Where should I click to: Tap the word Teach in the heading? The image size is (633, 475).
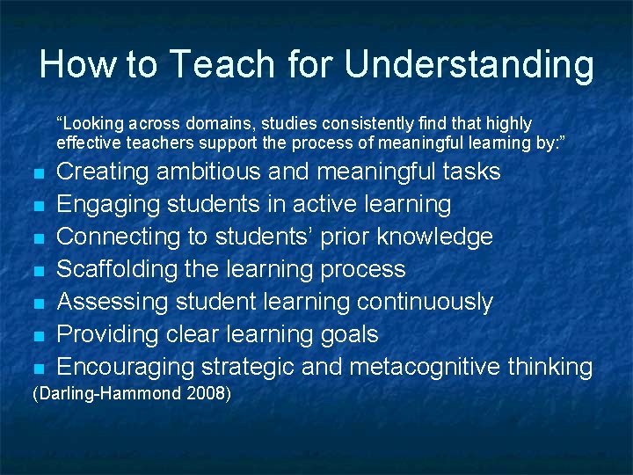pyautogui.click(x=211, y=64)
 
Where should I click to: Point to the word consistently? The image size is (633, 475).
pyautogui.click(x=344, y=123)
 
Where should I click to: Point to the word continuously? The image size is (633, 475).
pyautogui.click(x=425, y=302)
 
